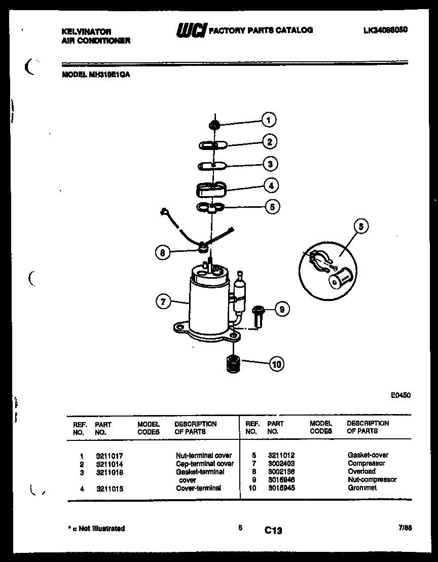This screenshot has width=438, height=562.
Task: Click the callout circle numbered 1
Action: point(268,120)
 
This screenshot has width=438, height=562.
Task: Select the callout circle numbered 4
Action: point(271,185)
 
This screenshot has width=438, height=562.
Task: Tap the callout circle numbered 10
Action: point(276,363)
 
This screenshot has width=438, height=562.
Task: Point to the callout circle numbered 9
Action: point(282,308)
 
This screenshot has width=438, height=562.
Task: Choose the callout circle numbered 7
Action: point(163,302)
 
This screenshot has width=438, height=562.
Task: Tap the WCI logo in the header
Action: point(191,31)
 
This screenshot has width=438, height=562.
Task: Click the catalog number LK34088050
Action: point(385,30)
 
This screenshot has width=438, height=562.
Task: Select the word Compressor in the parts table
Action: point(366,463)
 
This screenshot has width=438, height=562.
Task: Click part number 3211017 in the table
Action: point(109,456)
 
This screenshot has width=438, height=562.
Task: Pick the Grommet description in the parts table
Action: point(362,488)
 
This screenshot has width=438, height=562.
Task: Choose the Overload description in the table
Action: point(361,471)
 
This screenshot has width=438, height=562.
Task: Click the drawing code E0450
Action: point(400,396)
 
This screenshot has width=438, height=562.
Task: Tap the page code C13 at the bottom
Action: point(273,531)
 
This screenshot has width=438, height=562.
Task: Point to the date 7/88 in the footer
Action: point(405,528)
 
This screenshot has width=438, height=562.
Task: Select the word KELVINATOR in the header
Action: point(86,31)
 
